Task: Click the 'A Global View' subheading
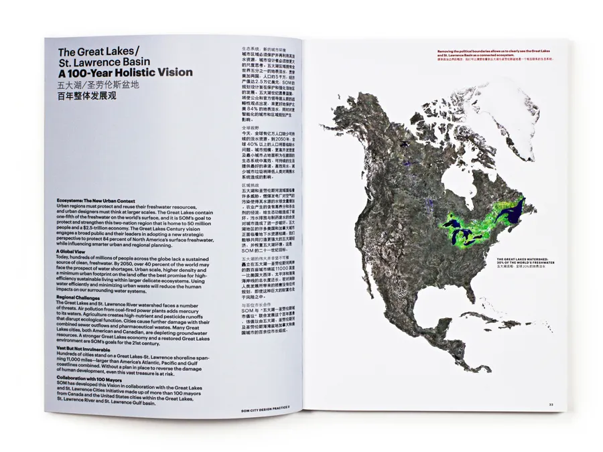coord(74,251)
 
